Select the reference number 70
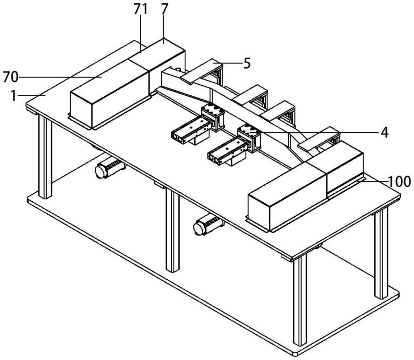click(x=11, y=77)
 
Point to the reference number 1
click(x=14, y=96)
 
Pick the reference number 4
click(x=384, y=133)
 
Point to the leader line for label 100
click(x=373, y=181)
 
